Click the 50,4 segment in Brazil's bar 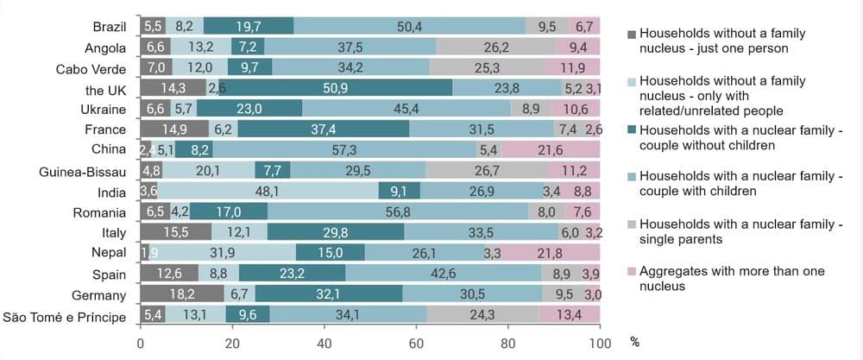[x=409, y=26]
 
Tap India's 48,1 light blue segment [x=268, y=192]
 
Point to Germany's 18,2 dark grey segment [x=181, y=295]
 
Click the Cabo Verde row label [x=92, y=68]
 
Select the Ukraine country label [x=104, y=110]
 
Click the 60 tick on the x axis [x=417, y=341]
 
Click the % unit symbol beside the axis [x=635, y=342]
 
